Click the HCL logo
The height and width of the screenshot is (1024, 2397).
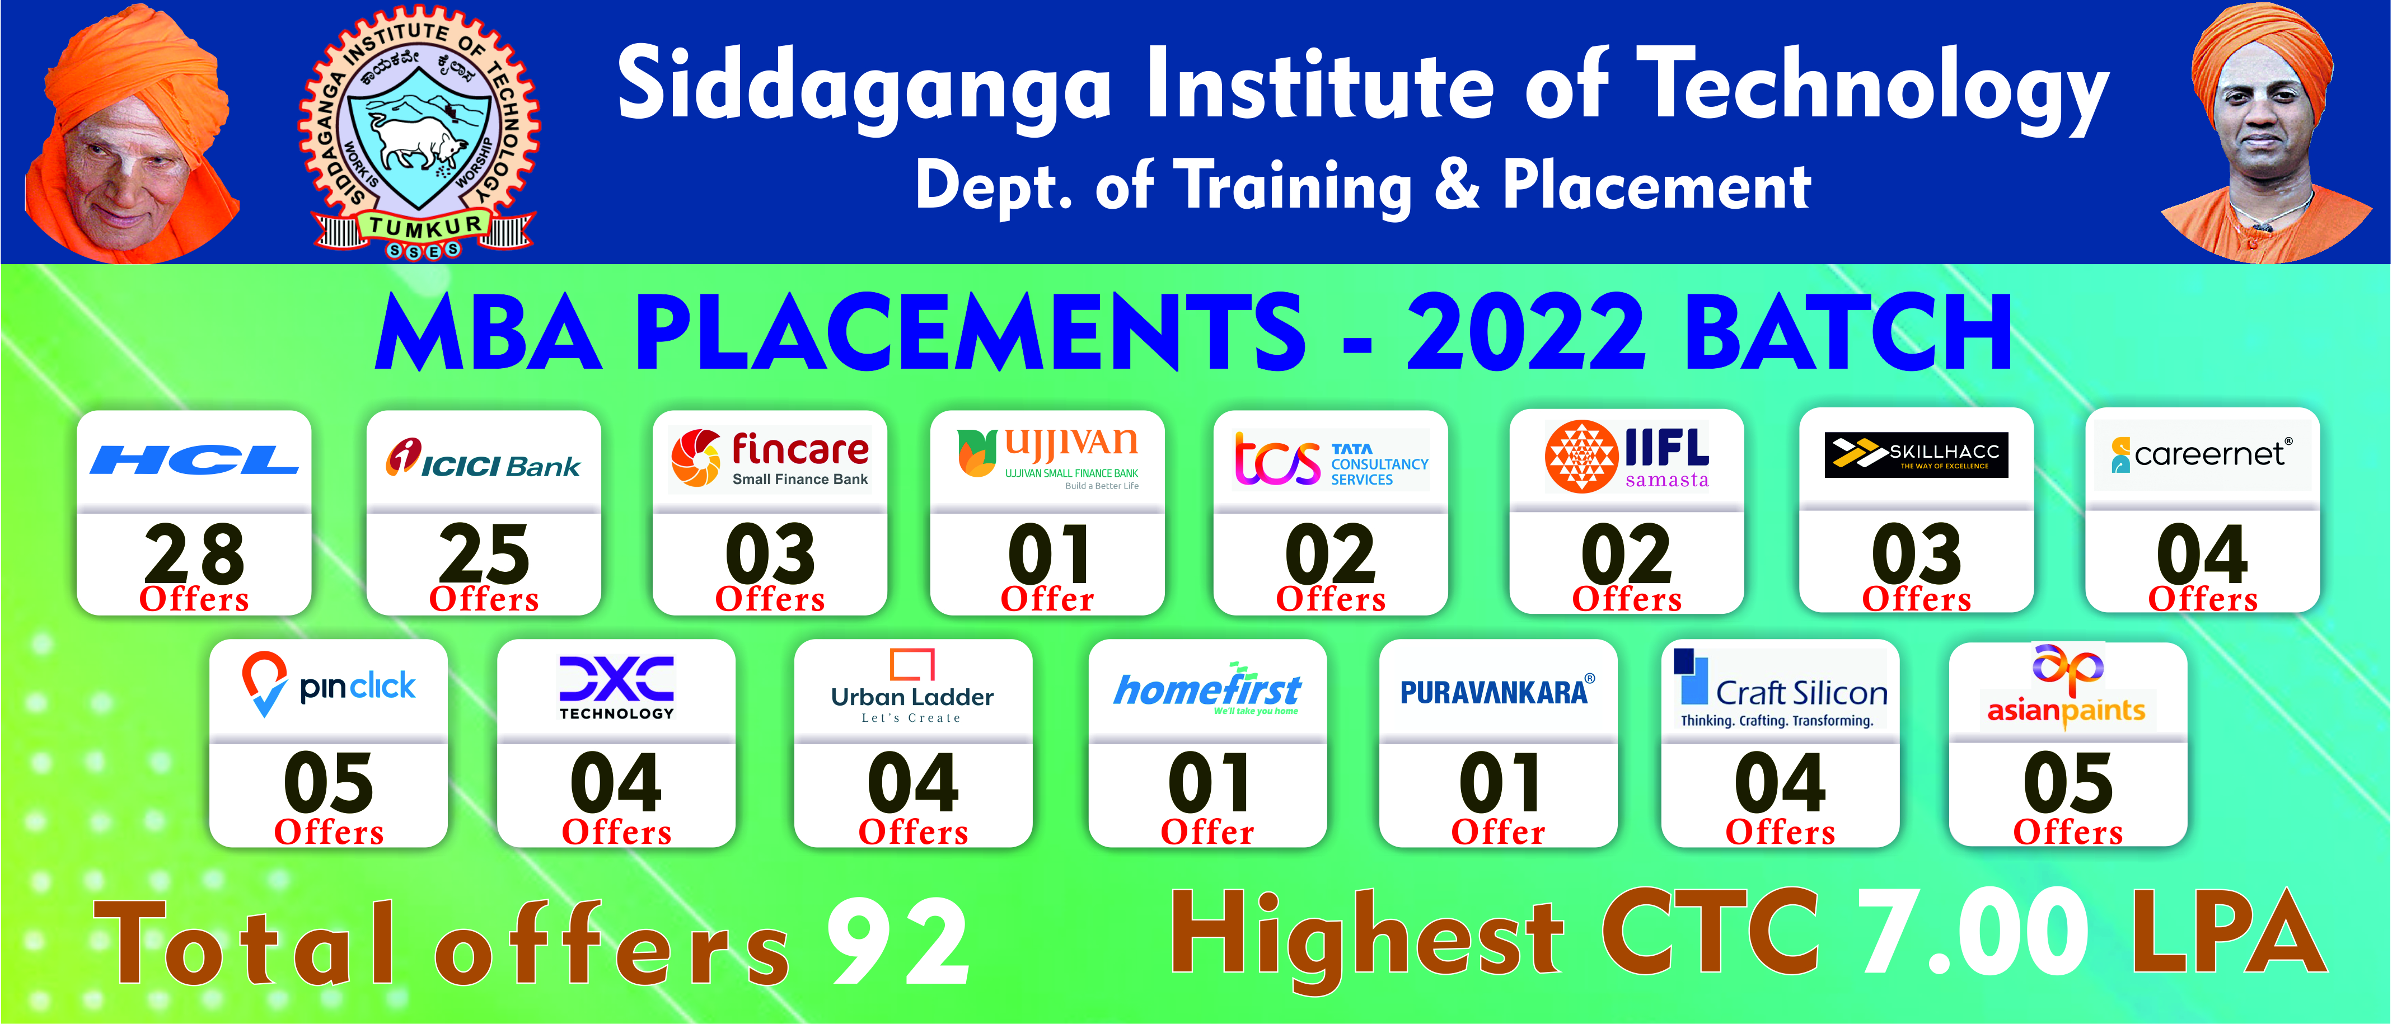tap(194, 459)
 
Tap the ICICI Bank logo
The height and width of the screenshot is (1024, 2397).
tap(483, 458)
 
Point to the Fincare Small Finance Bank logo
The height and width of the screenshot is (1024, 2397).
tap(770, 458)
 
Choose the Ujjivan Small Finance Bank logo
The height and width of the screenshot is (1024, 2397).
tap(1048, 458)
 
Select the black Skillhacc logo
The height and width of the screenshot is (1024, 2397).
tap(1916, 455)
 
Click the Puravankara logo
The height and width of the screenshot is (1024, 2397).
tap(1497, 691)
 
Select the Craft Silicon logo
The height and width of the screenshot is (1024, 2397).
tap(1780, 689)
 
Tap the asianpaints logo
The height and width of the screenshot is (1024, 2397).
tap(2067, 684)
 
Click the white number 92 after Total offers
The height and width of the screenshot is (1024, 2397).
tap(899, 944)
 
